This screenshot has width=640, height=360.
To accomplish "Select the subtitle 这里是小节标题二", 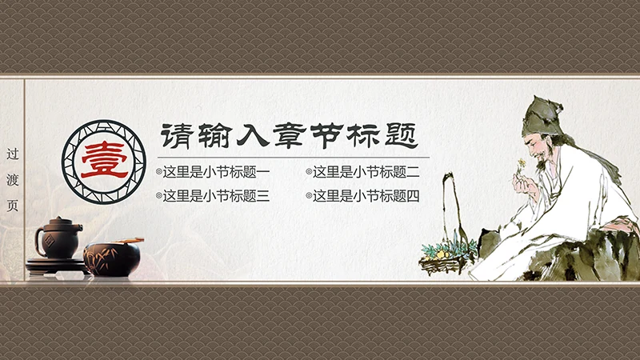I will [366, 172].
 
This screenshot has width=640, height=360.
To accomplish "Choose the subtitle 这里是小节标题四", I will [366, 195].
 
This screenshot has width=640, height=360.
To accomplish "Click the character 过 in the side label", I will [12, 153].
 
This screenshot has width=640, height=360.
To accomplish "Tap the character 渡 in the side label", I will [12, 179].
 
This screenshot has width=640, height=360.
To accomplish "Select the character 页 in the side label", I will [12, 205].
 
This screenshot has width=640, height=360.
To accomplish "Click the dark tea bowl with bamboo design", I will [112, 258].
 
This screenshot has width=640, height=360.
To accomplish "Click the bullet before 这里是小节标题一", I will [158, 172].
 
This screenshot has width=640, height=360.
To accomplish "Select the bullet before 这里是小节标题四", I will [309, 195].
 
